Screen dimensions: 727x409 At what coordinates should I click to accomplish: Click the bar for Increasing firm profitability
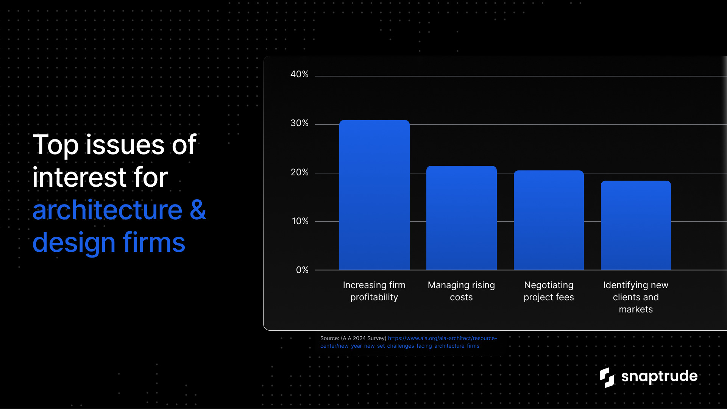coord(374,195)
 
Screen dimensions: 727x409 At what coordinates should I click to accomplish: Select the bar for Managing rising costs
coord(461,218)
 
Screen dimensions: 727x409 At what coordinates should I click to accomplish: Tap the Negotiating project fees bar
coord(549,220)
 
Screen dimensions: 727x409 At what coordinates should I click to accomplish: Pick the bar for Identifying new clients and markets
coord(636,225)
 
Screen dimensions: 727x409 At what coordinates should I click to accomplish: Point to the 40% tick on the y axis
coord(300,74)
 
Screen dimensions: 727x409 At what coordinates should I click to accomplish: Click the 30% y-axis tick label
coord(300,123)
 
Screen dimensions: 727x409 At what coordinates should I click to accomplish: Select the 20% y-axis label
coord(300,172)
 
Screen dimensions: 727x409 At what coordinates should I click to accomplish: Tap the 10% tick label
coord(300,221)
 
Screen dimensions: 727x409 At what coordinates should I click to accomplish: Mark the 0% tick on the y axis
coord(302,270)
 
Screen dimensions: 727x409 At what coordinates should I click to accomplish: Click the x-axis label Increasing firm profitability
coord(374,291)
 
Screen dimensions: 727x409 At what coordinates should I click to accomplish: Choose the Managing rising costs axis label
coord(461,291)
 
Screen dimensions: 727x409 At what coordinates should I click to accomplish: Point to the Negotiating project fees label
coord(549,291)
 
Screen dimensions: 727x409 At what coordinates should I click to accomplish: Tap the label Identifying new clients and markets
coord(636,297)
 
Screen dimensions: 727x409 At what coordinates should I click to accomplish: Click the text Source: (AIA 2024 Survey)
coord(353,338)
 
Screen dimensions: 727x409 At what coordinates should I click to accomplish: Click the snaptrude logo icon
coord(607,378)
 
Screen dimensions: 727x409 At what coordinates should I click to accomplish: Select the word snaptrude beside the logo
coord(659,376)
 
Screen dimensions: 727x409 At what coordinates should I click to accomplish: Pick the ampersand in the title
coord(198,209)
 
